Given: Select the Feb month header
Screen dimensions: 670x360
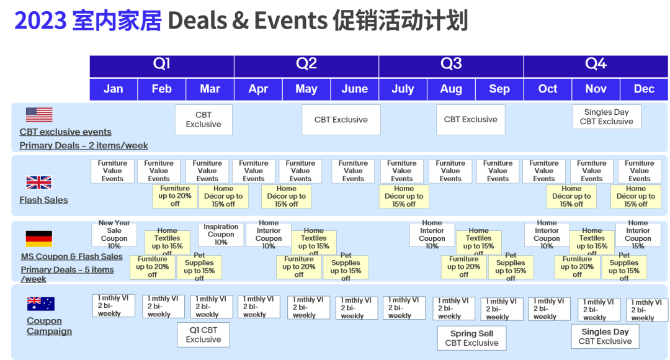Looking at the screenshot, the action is click(161, 89).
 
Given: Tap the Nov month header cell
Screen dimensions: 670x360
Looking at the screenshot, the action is click(596, 89).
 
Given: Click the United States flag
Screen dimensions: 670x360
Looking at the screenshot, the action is click(39, 115).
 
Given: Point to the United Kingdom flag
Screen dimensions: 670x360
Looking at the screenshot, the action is click(39, 182).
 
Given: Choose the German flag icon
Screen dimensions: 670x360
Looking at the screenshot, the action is click(39, 238).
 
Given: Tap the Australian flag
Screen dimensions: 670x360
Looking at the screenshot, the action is click(40, 304).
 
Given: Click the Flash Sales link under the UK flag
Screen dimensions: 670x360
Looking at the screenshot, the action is click(43, 200).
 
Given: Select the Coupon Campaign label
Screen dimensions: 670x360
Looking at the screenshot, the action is click(49, 326).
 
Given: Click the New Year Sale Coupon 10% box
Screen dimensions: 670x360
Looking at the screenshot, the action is click(114, 235).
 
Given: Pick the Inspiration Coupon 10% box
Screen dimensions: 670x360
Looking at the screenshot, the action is click(221, 235).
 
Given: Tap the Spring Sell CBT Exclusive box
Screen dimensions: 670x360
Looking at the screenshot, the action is click(471, 338).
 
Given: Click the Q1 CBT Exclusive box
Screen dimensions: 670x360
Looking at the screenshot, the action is click(203, 335).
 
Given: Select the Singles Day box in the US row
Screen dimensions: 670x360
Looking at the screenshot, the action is click(606, 117).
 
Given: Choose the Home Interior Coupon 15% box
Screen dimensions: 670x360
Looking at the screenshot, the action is click(638, 235).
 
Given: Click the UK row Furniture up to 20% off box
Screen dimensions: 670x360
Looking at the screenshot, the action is click(175, 196).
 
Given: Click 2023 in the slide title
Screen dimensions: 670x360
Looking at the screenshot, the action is click(40, 20).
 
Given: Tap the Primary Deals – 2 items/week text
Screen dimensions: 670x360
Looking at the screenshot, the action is click(84, 145).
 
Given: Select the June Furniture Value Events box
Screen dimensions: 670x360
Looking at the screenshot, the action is click(353, 171).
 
